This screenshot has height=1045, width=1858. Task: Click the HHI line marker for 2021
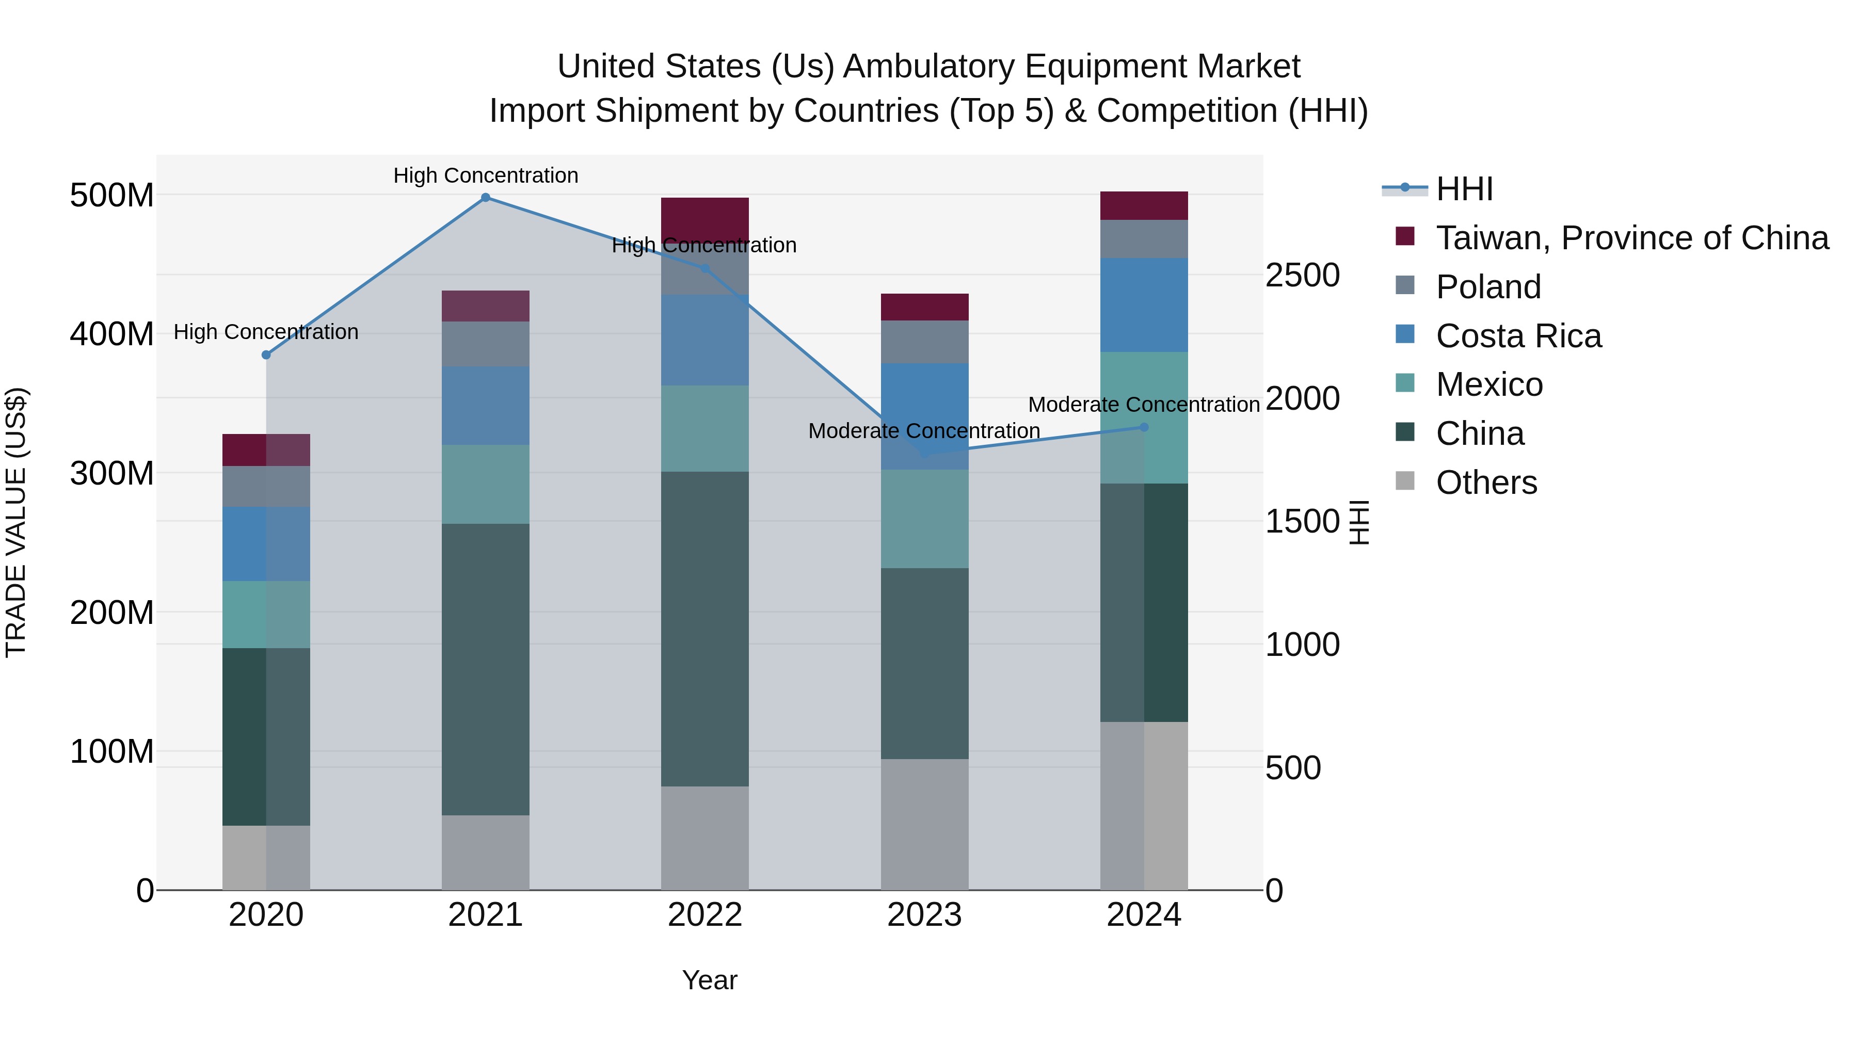pyautogui.click(x=486, y=198)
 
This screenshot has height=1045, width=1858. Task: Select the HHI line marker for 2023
pyautogui.click(x=925, y=454)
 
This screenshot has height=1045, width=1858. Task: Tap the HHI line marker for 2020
pyautogui.click(x=266, y=355)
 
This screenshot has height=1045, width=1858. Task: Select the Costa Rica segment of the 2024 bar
pyautogui.click(x=1144, y=305)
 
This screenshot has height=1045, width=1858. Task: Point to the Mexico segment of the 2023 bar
pyautogui.click(x=925, y=519)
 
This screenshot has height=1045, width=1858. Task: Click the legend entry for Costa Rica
pyautogui.click(x=1518, y=336)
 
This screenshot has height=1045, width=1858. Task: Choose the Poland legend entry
pyautogui.click(x=1488, y=287)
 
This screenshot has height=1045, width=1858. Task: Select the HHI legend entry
pyautogui.click(x=1464, y=189)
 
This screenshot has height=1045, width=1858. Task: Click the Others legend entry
pyautogui.click(x=1486, y=483)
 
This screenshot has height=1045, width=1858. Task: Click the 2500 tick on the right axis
pyautogui.click(x=1303, y=276)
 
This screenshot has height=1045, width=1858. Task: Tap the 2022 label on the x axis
pyautogui.click(x=704, y=915)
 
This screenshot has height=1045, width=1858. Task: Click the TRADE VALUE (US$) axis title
pyautogui.click(x=16, y=522)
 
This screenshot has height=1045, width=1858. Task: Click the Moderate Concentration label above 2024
pyautogui.click(x=1144, y=405)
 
